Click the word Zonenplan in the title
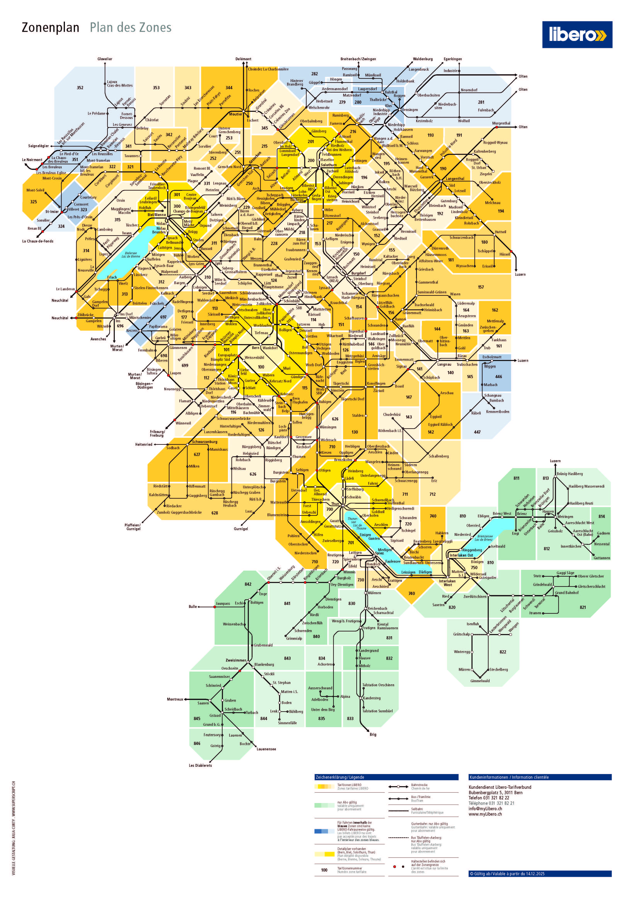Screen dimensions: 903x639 pyautogui.click(x=50, y=28)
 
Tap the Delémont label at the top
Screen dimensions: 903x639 pyautogui.click(x=243, y=59)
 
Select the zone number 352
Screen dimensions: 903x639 pyautogui.click(x=80, y=88)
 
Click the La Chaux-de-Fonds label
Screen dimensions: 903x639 pyautogui.click(x=38, y=241)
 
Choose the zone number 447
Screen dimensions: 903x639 pyautogui.click(x=477, y=432)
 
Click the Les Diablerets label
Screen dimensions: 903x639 pyautogui.click(x=200, y=765)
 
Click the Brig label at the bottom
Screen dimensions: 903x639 pyautogui.click(x=373, y=734)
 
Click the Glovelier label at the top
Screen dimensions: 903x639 pyautogui.click(x=105, y=59)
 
